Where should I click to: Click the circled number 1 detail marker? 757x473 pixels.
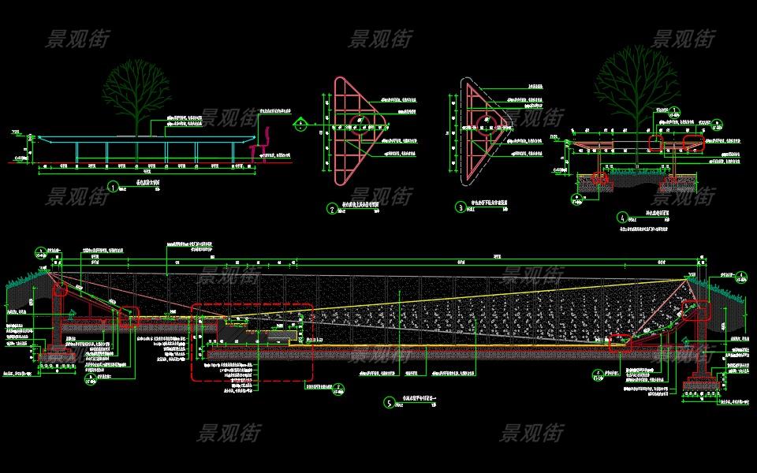(x=113, y=188)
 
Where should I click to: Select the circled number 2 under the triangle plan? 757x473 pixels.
(x=332, y=209)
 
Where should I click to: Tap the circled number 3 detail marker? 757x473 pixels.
(x=461, y=208)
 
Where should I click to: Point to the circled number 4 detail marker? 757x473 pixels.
(x=621, y=217)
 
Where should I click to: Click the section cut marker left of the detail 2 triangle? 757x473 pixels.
(x=300, y=124)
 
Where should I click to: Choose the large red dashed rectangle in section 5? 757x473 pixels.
(x=252, y=342)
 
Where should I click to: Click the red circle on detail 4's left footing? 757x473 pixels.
(x=602, y=178)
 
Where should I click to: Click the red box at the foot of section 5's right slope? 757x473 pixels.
(x=620, y=341)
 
